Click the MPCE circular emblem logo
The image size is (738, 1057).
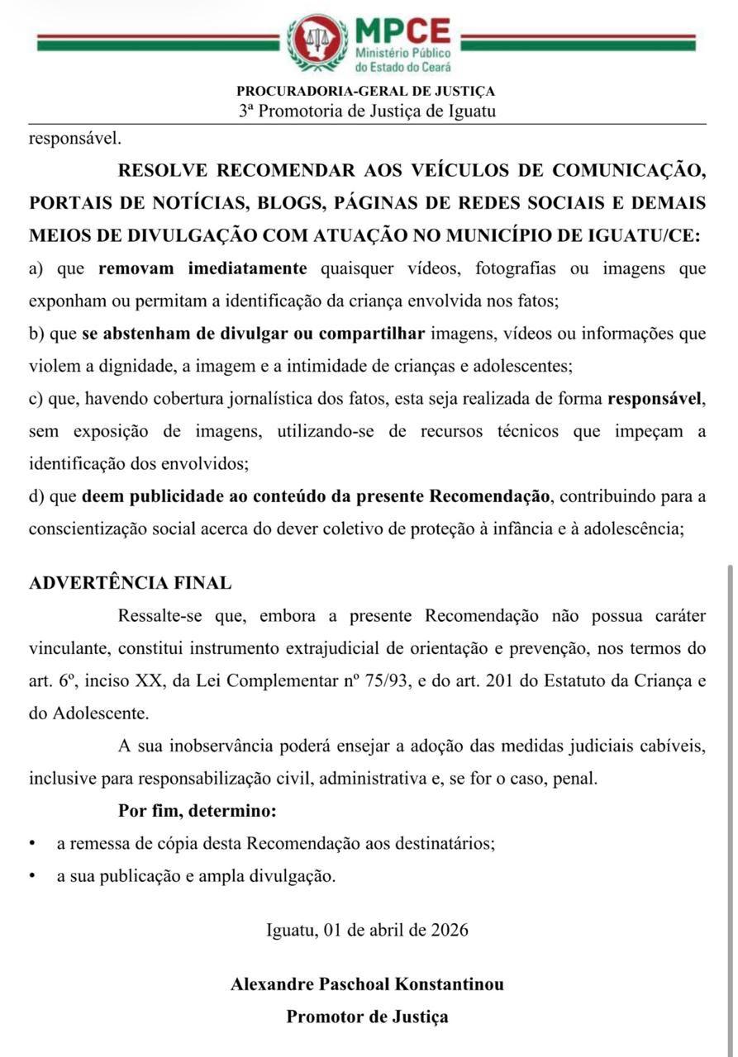pyautogui.click(x=317, y=43)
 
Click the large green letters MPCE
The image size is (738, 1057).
pyautogui.click(x=402, y=31)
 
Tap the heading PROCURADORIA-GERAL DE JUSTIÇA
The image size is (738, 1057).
pyautogui.click(x=366, y=92)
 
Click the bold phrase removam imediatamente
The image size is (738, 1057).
pyautogui.click(x=202, y=268)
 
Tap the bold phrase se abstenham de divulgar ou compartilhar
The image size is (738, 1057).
pyautogui.click(x=253, y=334)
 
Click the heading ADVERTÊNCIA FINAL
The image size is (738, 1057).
pyautogui.click(x=130, y=583)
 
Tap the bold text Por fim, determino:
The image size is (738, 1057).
pyautogui.click(x=197, y=811)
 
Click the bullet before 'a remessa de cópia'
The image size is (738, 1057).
pyautogui.click(x=32, y=844)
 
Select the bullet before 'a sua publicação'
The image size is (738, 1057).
pyautogui.click(x=32, y=876)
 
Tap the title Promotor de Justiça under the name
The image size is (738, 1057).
pyautogui.click(x=367, y=1017)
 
